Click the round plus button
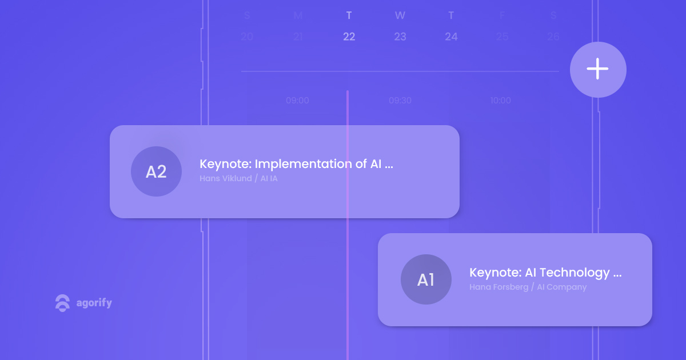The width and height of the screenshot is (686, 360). [x=598, y=70]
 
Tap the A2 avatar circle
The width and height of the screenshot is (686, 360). [x=156, y=171]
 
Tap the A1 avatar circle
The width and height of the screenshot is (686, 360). [x=426, y=279]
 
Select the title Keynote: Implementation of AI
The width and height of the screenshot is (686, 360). [x=296, y=164]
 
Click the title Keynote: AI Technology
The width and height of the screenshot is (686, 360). [x=545, y=273]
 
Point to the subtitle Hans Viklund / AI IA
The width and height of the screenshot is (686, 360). [x=238, y=178]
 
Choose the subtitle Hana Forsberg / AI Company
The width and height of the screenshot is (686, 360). [x=528, y=287]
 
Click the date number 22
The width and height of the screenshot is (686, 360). [x=349, y=37]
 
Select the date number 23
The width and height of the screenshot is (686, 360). [x=400, y=37]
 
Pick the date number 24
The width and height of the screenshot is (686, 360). [x=451, y=37]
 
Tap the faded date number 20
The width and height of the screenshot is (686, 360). [x=247, y=37]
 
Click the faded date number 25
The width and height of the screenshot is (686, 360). [x=502, y=37]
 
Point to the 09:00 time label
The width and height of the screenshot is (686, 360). [x=297, y=101]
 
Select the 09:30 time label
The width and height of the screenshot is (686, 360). [x=400, y=101]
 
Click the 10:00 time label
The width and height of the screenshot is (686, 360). [x=500, y=101]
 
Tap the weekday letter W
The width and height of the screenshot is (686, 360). [x=400, y=15]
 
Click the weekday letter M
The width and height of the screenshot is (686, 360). [x=298, y=15]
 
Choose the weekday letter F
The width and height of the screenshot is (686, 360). [x=502, y=15]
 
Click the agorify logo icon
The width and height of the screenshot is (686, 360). [x=62, y=303]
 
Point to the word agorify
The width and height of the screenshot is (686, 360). [x=94, y=303]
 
